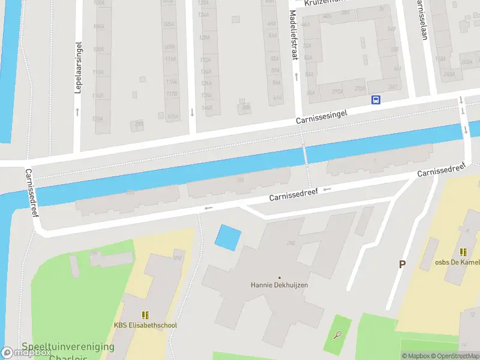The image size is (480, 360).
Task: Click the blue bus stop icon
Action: coord(376,100)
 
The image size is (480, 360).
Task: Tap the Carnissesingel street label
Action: coord(322,116)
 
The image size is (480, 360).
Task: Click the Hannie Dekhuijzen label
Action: coord(279,285)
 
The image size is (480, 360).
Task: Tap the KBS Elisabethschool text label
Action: coord(145,325)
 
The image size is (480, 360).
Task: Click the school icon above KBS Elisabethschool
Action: coord(145,314)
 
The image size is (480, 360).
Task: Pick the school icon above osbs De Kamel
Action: coord(463,252)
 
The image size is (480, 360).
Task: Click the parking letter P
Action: coord(402,264)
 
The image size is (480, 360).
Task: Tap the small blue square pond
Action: coord(228,237)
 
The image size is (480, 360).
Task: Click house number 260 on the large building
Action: coord(291,243)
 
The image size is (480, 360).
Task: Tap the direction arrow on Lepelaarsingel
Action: coord(78,111)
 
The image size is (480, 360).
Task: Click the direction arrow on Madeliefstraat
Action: coord(296,77)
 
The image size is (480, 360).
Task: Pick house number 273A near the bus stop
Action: coord(360,89)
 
